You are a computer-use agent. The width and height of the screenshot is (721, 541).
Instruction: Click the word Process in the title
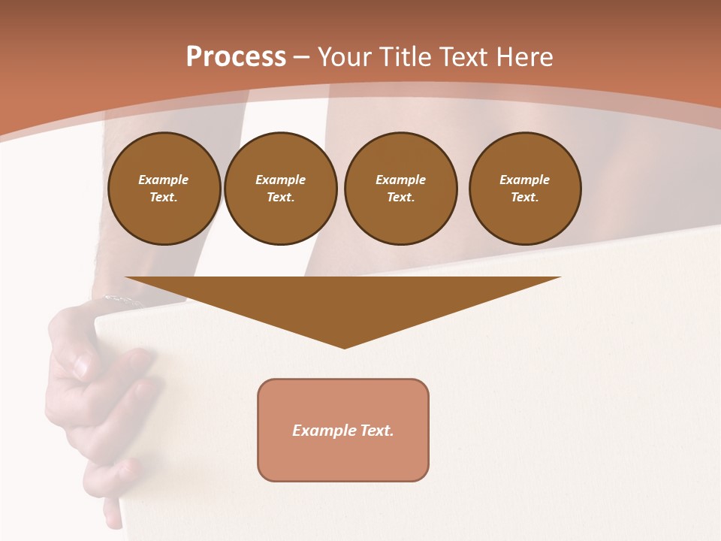pos(236,57)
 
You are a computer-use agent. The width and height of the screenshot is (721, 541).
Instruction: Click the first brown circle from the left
pos(164,189)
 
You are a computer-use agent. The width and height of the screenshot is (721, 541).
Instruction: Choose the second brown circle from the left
pos(281,189)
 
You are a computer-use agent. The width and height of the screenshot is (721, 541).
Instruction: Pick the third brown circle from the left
pos(401,189)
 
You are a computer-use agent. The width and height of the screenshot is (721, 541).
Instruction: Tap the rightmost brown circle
pos(525,189)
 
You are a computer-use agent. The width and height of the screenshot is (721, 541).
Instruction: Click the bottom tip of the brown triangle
pos(344,346)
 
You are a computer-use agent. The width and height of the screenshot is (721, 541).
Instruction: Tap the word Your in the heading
pos(345,57)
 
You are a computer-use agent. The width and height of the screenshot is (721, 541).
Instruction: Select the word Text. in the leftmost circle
pos(164,198)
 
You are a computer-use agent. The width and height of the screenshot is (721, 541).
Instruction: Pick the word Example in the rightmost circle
pos(525,180)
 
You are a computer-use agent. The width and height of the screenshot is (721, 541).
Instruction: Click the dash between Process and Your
pos(302,58)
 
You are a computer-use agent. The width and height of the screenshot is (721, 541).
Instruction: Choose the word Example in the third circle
pos(401,180)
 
